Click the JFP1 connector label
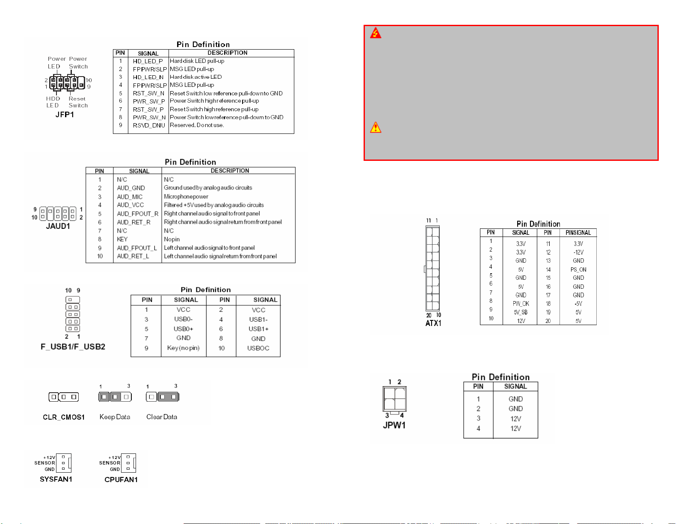(65, 115)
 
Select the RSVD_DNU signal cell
(149, 125)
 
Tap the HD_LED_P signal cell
(148, 61)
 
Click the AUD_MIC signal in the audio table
(130, 197)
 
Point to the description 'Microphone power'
(186, 196)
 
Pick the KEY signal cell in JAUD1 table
(122, 239)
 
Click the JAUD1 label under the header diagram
(58, 226)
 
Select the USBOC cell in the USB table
(258, 348)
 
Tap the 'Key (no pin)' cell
(183, 348)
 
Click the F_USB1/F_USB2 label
(73, 346)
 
